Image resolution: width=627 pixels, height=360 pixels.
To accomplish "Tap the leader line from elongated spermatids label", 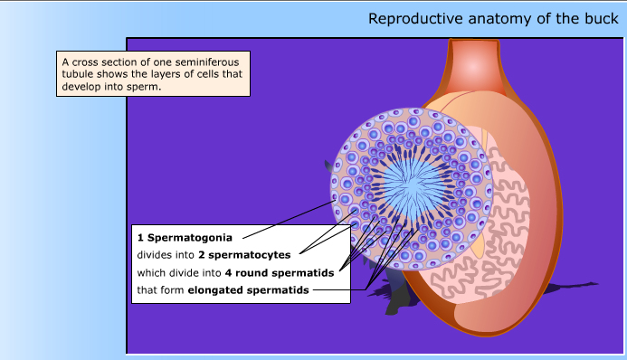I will pos(339,290).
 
